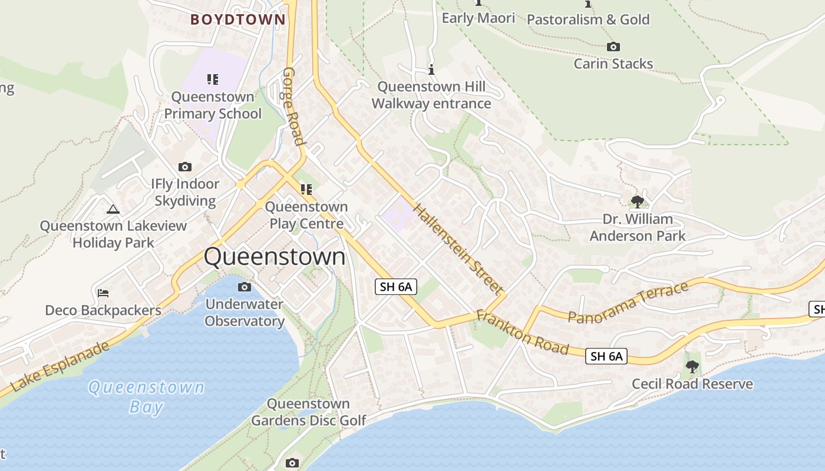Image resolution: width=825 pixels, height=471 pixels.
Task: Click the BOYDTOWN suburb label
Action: pos(237,19)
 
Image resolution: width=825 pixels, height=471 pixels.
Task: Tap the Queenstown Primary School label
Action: pos(212,105)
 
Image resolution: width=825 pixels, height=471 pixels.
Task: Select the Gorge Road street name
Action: pos(293,106)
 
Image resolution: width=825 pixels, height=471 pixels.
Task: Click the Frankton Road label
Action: pos(522,332)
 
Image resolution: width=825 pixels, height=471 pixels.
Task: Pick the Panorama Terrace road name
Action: pos(628,302)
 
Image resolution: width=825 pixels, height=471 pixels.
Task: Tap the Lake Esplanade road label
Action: pos(60,366)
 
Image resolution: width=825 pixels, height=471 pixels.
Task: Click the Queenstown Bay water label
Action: pos(146,397)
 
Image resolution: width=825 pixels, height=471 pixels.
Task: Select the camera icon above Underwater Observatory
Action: pos(244,287)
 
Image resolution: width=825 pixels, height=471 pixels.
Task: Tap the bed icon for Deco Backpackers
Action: pos(103,293)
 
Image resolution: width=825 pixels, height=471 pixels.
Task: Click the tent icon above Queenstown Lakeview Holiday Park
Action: pos(113,209)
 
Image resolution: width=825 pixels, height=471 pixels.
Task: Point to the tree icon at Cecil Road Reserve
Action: pos(692,367)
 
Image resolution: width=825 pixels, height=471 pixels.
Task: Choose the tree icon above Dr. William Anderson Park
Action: pos(637,202)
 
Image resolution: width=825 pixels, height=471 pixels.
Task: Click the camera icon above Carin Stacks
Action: pos(613,47)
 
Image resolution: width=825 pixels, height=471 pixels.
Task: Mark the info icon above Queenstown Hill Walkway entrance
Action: pos(431,70)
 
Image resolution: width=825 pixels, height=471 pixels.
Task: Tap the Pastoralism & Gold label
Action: pos(588,19)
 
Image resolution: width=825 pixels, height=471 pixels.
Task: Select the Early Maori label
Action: pos(478,18)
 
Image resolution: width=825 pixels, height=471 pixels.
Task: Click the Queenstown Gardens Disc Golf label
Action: pos(308,412)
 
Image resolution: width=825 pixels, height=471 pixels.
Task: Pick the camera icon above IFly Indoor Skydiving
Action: pos(185,167)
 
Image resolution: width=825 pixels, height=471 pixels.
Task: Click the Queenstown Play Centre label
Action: pos(306,215)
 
